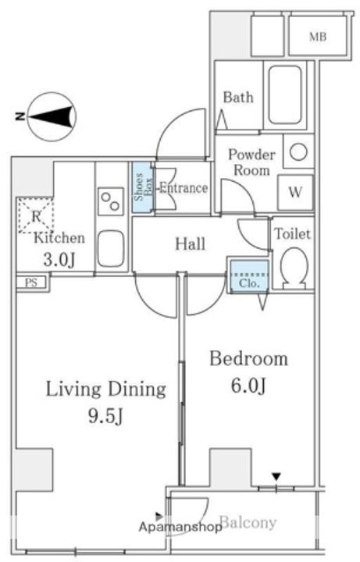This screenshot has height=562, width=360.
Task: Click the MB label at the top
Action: [318, 37]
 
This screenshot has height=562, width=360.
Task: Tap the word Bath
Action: [238, 97]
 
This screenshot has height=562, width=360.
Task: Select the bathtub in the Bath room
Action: [285, 94]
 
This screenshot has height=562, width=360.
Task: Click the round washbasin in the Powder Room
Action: [298, 152]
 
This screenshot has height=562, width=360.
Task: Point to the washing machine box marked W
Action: [295, 193]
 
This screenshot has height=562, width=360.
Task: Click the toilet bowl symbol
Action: [294, 268]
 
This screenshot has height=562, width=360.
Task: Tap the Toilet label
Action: [293, 234]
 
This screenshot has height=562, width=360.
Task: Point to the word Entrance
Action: [184, 187]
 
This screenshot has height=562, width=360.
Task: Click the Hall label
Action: [190, 244]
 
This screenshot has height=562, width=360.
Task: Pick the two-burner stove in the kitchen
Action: [111, 201]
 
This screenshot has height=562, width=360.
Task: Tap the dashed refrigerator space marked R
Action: [36, 216]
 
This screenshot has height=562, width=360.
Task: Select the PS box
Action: [31, 283]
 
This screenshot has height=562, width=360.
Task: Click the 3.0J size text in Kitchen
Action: [59, 260]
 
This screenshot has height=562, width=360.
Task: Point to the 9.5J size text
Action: [105, 416]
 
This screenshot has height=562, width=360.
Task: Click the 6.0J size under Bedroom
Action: [248, 386]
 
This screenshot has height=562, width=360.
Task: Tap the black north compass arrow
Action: [50, 117]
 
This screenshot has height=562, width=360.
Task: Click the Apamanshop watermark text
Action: [180, 527]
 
